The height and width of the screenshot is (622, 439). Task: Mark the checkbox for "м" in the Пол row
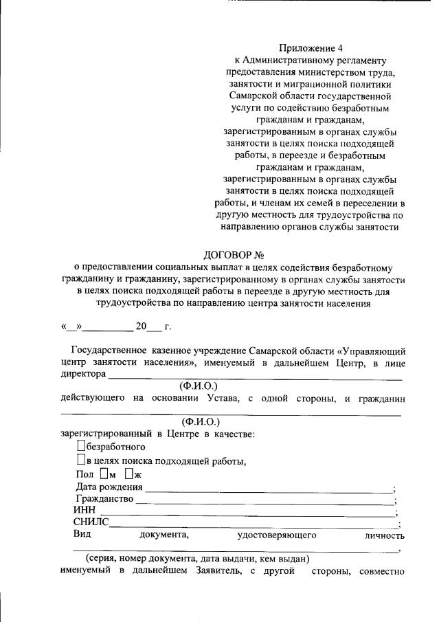pyautogui.click(x=104, y=474)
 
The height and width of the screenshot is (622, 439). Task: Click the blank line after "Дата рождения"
pyautogui.click(x=268, y=489)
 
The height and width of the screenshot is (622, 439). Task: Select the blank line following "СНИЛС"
pyautogui.click(x=254, y=525)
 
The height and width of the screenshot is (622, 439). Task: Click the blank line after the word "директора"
pyautogui.click(x=254, y=377)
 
